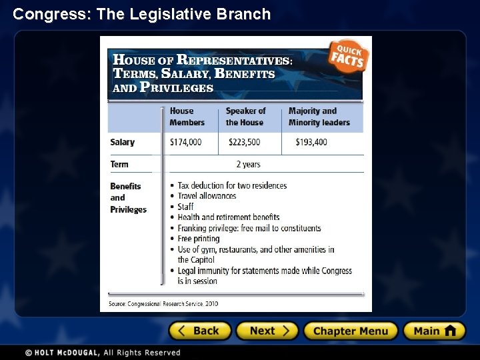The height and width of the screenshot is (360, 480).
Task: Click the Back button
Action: pyautogui.click(x=200, y=331)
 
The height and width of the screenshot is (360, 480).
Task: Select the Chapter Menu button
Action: pyautogui.click(x=351, y=331)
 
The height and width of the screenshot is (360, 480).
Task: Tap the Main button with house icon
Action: pyautogui.click(x=434, y=331)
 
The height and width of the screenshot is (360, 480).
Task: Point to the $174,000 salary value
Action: pyautogui.click(x=185, y=142)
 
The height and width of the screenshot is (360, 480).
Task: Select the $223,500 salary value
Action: pyautogui.click(x=244, y=142)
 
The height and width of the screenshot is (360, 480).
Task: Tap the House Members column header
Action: pyautogui.click(x=187, y=117)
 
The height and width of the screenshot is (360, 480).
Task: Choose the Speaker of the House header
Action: pyautogui.click(x=245, y=117)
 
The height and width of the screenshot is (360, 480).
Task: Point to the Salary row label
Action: pyautogui.click(x=123, y=142)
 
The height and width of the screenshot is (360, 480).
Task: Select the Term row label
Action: pyautogui.click(x=119, y=164)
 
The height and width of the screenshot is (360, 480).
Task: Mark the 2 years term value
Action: pyautogui.click(x=248, y=164)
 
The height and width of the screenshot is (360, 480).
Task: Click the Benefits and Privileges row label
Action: pyautogui.click(x=128, y=197)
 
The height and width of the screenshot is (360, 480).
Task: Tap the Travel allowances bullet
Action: pyautogui.click(x=207, y=196)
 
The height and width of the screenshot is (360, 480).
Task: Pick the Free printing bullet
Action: pyautogui.click(x=198, y=239)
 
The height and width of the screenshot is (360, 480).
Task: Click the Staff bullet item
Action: pyautogui.click(x=185, y=207)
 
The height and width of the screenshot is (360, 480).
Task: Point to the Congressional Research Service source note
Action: pyautogui.click(x=164, y=304)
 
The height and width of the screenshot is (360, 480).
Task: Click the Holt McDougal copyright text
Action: pyautogui.click(x=103, y=353)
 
